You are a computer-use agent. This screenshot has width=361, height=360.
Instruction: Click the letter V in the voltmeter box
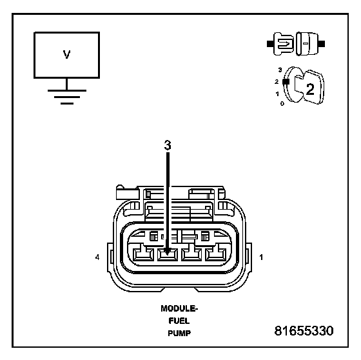(x=66, y=54)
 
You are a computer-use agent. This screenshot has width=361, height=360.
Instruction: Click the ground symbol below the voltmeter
(x=67, y=97)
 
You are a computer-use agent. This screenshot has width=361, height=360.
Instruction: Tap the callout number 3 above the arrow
(x=168, y=145)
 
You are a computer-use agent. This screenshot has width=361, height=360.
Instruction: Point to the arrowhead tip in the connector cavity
(x=168, y=255)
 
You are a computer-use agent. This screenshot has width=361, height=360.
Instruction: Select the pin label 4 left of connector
(x=97, y=257)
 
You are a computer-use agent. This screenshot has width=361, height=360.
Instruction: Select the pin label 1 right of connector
(x=261, y=257)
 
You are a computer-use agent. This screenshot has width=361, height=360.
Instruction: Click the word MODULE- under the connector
(x=179, y=308)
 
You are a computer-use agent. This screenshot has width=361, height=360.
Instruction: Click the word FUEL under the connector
(x=179, y=321)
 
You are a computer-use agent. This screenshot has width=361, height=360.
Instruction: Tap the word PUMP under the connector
(x=179, y=334)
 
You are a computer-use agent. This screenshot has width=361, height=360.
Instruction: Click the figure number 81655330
(x=304, y=331)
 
